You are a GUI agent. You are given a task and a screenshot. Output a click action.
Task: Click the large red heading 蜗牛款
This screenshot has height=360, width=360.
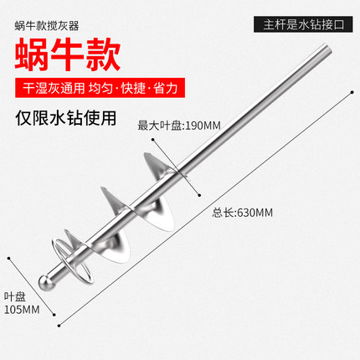68,54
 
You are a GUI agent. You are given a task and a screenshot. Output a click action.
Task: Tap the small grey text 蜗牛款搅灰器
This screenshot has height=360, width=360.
47,26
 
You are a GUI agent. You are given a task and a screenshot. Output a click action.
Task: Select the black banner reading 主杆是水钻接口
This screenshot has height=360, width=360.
303,24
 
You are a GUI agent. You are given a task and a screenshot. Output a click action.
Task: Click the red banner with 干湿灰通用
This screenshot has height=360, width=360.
100,88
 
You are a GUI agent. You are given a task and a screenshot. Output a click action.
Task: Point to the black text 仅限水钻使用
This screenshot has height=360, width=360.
66,118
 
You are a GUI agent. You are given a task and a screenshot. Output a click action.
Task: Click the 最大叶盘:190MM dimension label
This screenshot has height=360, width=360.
179,126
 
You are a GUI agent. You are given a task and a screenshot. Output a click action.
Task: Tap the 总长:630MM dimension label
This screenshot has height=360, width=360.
242,213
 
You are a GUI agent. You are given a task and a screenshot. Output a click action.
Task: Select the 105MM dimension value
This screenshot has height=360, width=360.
22,310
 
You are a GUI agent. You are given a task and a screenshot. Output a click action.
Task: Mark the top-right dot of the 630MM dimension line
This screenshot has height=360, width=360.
352,92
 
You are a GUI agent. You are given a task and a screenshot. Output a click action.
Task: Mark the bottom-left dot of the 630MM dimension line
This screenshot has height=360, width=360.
59,326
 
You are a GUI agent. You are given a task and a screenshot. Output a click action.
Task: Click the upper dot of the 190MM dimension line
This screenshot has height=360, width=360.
153,139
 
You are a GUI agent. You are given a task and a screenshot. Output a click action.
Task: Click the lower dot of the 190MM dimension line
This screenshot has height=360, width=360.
199,195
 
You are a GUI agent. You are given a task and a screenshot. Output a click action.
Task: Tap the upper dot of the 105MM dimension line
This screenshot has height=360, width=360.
9,259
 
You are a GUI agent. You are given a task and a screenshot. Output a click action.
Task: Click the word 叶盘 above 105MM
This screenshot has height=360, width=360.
14,296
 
